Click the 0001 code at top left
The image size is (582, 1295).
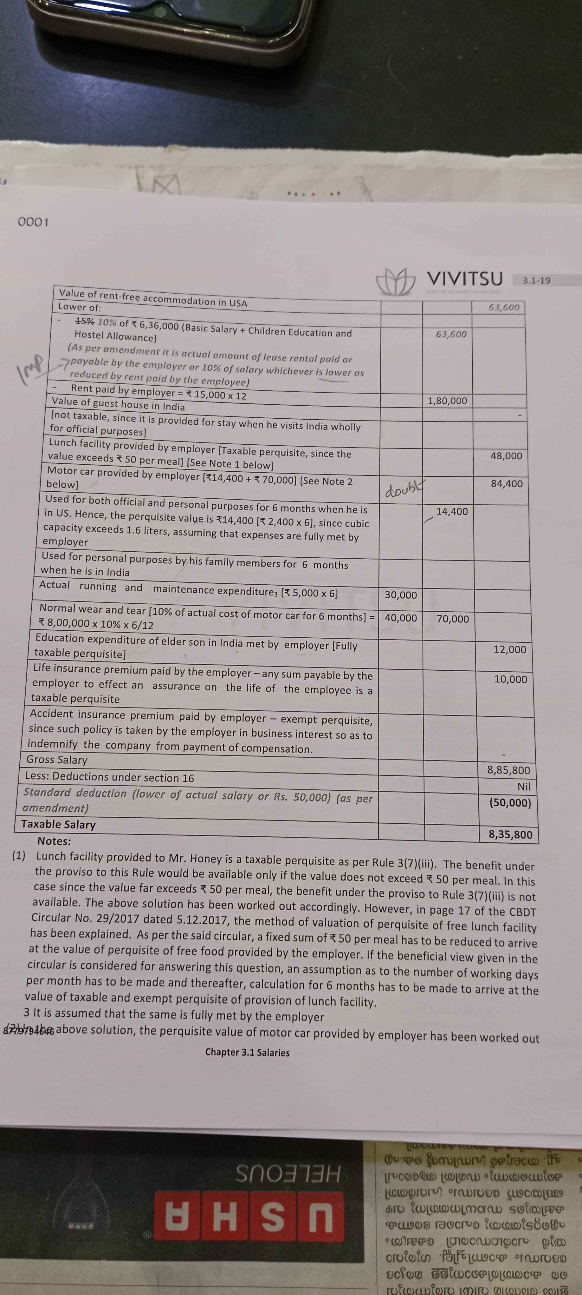[33, 222]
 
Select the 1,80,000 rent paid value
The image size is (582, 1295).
[447, 401]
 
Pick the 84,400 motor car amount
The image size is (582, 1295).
[507, 484]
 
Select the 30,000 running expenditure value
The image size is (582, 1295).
[401, 595]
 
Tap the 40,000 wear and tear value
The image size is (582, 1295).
[401, 618]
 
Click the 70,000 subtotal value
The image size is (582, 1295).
[452, 619]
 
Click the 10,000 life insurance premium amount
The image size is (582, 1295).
[510, 679]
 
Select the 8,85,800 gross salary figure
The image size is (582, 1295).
[508, 770]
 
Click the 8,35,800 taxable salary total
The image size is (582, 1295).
[510, 834]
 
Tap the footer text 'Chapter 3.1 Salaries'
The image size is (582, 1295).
[247, 1052]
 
